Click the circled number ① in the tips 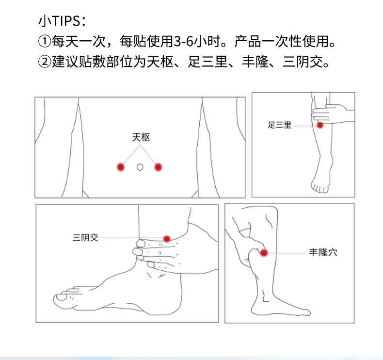tap(45, 42)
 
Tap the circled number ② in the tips tap(45, 63)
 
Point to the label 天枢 tap(141, 137)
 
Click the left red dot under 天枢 tap(120, 167)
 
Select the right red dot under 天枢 tap(158, 167)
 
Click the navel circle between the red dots tap(140, 167)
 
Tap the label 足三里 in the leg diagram tap(280, 125)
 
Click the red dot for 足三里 tap(320, 125)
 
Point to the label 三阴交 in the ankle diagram tap(85, 238)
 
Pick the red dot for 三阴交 tap(167, 238)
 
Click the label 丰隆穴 tap(323, 253)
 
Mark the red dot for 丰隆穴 tap(264, 253)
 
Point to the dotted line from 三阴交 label tap(131, 238)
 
